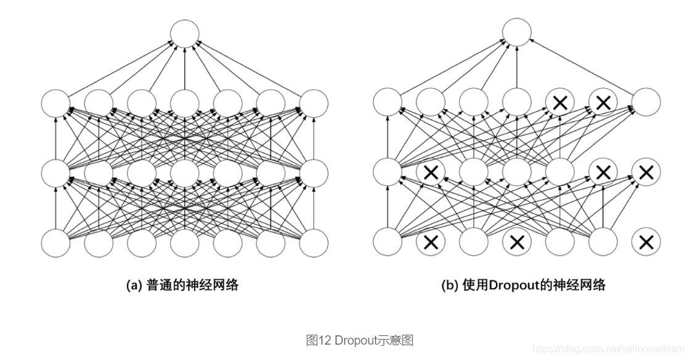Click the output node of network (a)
tap(185, 34)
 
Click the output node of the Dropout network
tap(517, 34)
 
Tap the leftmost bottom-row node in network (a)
tap(56, 242)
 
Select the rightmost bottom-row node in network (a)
tap(314, 242)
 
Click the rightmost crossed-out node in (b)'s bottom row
tap(646, 242)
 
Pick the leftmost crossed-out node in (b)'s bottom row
tap(431, 242)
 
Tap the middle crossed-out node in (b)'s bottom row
tap(517, 242)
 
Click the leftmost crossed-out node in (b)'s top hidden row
tap(560, 103)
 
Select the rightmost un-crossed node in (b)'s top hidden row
tap(646, 103)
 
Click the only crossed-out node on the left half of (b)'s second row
tap(431, 173)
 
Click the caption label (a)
tap(134, 285)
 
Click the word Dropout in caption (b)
tap(510, 285)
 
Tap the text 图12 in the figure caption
tap(320, 340)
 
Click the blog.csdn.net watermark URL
tap(607, 349)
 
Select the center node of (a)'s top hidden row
tap(185, 103)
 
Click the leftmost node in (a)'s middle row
tap(56, 173)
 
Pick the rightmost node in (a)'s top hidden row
tap(314, 103)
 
